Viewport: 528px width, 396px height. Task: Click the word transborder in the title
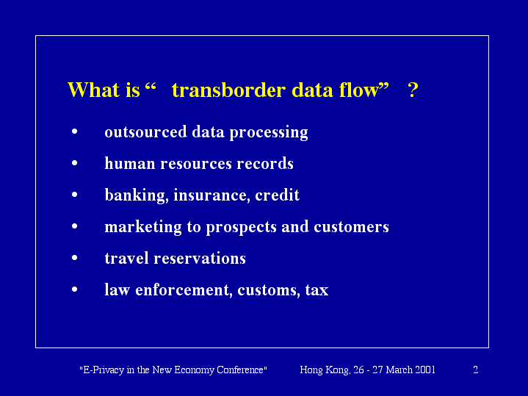click(228, 90)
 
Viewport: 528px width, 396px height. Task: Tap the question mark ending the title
click(413, 90)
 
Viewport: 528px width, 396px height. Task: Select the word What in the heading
click(93, 90)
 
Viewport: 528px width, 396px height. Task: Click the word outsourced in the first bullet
click(145, 132)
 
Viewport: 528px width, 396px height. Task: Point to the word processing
click(269, 133)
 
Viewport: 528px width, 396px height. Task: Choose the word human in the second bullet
click(130, 163)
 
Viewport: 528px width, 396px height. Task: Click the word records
click(265, 163)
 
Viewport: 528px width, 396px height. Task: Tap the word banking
click(137, 195)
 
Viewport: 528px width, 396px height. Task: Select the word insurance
click(211, 195)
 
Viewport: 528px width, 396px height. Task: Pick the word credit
click(277, 195)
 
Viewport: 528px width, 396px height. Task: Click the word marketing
click(143, 227)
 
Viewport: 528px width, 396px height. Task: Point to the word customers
click(351, 227)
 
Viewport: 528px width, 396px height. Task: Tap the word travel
click(126, 259)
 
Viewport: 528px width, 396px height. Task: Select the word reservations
click(200, 259)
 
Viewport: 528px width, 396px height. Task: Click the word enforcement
click(184, 290)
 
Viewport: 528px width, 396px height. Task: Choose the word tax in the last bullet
click(317, 290)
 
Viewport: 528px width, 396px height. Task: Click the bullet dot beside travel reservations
click(75, 258)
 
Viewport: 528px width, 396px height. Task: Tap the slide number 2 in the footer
click(475, 370)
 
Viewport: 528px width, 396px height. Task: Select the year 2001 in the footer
click(425, 370)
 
